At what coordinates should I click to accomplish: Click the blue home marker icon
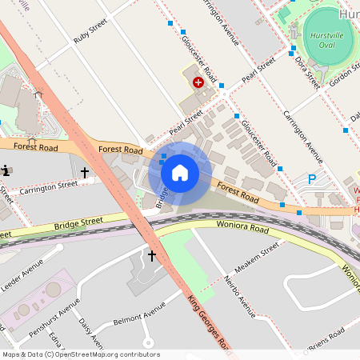(x=180, y=173)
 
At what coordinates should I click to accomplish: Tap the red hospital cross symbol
(x=198, y=82)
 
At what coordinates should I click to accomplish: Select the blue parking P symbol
(x=312, y=179)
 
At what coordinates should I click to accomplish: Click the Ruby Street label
(x=90, y=35)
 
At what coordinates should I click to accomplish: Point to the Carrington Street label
(x=50, y=186)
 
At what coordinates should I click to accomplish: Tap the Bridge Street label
(x=79, y=222)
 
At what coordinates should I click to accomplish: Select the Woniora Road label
(x=241, y=227)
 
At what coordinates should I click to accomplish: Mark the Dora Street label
(x=306, y=70)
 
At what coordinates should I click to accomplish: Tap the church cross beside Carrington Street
(x=84, y=171)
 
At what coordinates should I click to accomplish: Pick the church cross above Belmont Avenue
(x=151, y=256)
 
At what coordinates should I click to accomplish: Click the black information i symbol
(x=6, y=170)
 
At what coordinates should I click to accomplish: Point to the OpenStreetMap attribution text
(x=80, y=354)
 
